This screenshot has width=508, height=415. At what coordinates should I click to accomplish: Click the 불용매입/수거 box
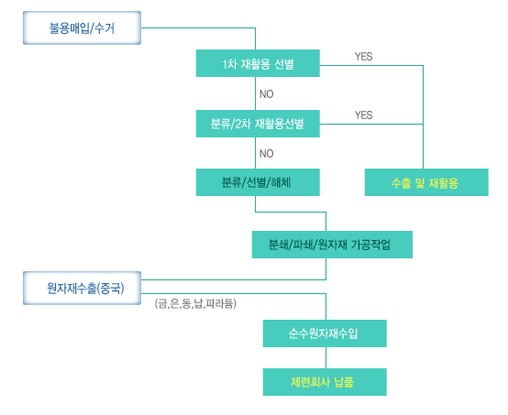[x=82, y=27]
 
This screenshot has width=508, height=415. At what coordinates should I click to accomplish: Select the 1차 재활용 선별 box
[x=258, y=63]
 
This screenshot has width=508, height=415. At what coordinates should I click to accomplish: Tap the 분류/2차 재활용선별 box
[x=258, y=124]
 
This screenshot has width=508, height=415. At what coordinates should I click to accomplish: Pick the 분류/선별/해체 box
[x=258, y=182]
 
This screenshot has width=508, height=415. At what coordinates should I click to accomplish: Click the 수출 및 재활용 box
[x=426, y=182]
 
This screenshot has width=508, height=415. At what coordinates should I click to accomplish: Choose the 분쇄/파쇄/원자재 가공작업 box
[x=332, y=245]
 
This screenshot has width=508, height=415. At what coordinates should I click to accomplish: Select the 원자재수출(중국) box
[x=82, y=288]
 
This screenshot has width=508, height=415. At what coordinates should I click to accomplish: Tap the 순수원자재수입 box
[x=325, y=333]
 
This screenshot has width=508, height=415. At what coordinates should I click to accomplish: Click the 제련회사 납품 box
[x=325, y=382]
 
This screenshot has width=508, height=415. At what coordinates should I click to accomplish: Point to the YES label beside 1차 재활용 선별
[x=363, y=57]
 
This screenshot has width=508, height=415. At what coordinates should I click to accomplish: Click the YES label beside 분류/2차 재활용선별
[x=363, y=115]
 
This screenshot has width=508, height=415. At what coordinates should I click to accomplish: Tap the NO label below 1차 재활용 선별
[x=266, y=94]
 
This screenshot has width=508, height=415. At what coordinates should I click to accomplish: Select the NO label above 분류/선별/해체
[x=266, y=153]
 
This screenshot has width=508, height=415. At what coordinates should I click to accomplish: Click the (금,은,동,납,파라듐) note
[x=195, y=303]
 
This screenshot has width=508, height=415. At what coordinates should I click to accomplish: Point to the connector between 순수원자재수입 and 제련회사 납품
[x=326, y=357]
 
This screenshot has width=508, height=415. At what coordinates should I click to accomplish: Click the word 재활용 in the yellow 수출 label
[x=443, y=183]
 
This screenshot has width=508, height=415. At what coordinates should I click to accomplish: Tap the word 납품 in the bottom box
[x=344, y=382]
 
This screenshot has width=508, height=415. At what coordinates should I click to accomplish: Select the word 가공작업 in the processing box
[x=371, y=245]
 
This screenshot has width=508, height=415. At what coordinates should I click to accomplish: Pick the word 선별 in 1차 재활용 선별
[x=284, y=64]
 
